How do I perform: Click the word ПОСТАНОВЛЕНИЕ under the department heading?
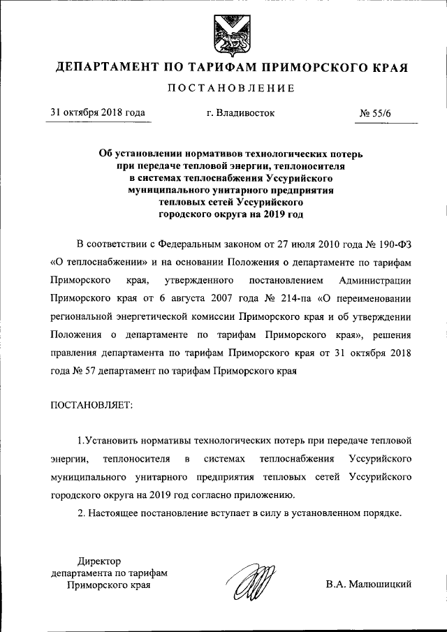[230, 88]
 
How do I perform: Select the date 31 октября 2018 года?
[97, 112]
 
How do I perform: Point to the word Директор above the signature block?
[98, 561]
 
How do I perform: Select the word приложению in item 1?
[269, 497]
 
